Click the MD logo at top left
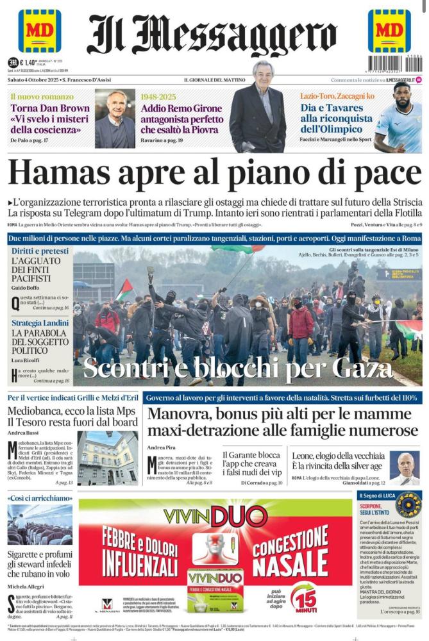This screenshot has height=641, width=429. tap(40, 31)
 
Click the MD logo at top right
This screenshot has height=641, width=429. tap(389, 31)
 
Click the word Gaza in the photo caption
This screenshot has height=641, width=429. tap(351, 369)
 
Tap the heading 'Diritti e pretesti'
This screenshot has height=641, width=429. tap(38, 251)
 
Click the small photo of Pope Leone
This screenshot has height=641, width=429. tap(405, 468)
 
